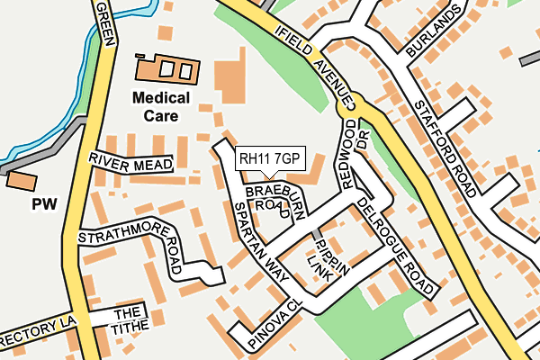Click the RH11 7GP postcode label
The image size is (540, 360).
[269, 159]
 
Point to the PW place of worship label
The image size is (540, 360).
[44, 204]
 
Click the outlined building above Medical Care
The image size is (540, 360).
[166, 68]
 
